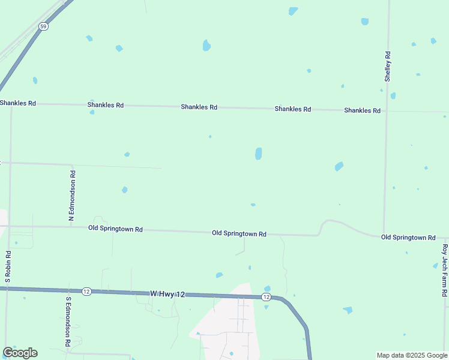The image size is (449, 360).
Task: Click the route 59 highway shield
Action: pyautogui.click(x=43, y=26)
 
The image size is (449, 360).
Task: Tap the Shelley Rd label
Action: pyautogui.click(x=388, y=66)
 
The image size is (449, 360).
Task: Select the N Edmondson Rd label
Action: pyautogui.click(x=72, y=196)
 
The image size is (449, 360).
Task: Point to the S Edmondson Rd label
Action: pyautogui.click(x=68, y=321)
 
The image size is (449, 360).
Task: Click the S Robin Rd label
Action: pyautogui.click(x=8, y=266)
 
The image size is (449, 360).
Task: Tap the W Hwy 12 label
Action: pyautogui.click(x=167, y=293)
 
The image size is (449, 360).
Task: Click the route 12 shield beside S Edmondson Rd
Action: pyautogui.click(x=86, y=291)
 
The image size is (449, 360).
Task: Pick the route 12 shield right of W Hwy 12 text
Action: pyautogui.click(x=266, y=297)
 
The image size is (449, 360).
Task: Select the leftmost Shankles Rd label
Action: pyautogui.click(x=18, y=103)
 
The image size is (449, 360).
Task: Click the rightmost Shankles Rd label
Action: pyautogui.click(x=363, y=110)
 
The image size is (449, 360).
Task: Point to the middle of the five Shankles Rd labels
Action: pyautogui.click(x=199, y=107)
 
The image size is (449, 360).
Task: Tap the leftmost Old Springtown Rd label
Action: pyautogui.click(x=115, y=229)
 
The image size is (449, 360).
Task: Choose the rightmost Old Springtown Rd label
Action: pyautogui.click(x=408, y=238)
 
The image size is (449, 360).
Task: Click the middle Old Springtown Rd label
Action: pyautogui.click(x=239, y=233)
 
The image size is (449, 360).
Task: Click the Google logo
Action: pyautogui.click(x=20, y=353)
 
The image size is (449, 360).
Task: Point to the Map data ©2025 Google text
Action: pyautogui.click(x=411, y=355)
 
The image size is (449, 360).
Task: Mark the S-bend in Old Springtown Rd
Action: pyautogui.click(x=323, y=227)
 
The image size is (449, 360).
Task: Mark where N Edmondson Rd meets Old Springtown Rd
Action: pyautogui.click(x=72, y=227)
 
